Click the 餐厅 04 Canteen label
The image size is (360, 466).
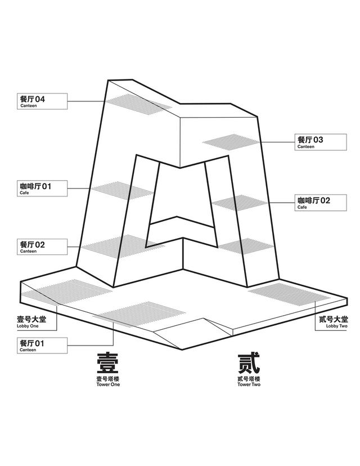click(x=42, y=102)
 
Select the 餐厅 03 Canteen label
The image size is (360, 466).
click(x=321, y=142)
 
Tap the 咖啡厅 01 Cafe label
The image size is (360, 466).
click(x=42, y=188)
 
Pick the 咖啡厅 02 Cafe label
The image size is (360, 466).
click(x=321, y=203)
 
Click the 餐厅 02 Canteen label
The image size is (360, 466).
click(x=42, y=247)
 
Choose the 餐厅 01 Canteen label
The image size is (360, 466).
click(x=42, y=346)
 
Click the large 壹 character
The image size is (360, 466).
click(x=108, y=364)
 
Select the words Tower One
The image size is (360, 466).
click(x=108, y=384)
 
